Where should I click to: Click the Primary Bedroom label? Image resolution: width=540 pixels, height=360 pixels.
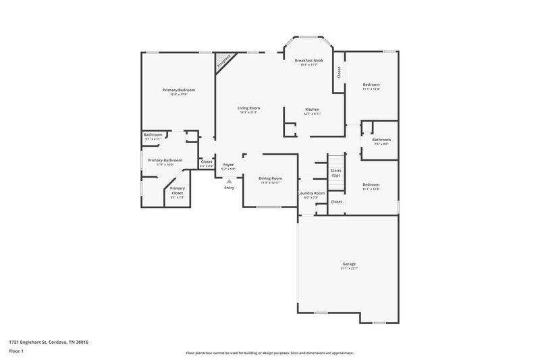[178, 90]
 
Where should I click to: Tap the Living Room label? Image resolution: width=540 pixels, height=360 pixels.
[249, 108]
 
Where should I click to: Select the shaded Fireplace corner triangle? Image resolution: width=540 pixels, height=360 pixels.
[221, 62]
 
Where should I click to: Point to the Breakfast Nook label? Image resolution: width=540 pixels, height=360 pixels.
[308, 61]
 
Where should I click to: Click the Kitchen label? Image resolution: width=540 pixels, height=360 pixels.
[312, 109]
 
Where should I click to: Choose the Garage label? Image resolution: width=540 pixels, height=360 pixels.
[348, 264]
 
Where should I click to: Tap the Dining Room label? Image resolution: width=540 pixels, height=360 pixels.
[269, 178]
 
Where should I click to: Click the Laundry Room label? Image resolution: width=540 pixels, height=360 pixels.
[311, 193]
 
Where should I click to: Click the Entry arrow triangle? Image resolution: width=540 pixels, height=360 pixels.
[229, 181]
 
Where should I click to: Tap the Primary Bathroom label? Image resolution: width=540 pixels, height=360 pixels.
[165, 160]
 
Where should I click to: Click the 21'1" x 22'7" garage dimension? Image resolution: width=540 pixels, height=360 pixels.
[348, 269]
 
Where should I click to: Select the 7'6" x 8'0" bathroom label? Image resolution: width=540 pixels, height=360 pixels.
[381, 144]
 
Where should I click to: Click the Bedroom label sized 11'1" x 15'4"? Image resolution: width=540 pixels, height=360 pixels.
[371, 84]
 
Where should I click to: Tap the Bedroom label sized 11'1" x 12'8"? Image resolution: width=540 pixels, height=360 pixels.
[371, 184]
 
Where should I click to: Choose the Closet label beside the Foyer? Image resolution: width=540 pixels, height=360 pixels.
[207, 161]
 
